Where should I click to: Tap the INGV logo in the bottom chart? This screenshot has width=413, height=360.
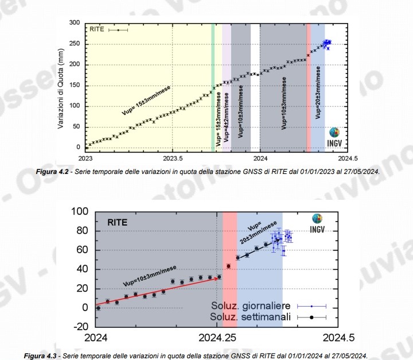[x=317, y=223]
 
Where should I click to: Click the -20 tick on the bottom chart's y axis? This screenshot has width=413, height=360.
[x=77, y=327]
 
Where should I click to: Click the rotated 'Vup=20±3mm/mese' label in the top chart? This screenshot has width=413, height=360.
[x=318, y=92]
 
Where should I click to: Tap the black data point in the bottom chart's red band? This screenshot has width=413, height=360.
[x=228, y=266]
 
